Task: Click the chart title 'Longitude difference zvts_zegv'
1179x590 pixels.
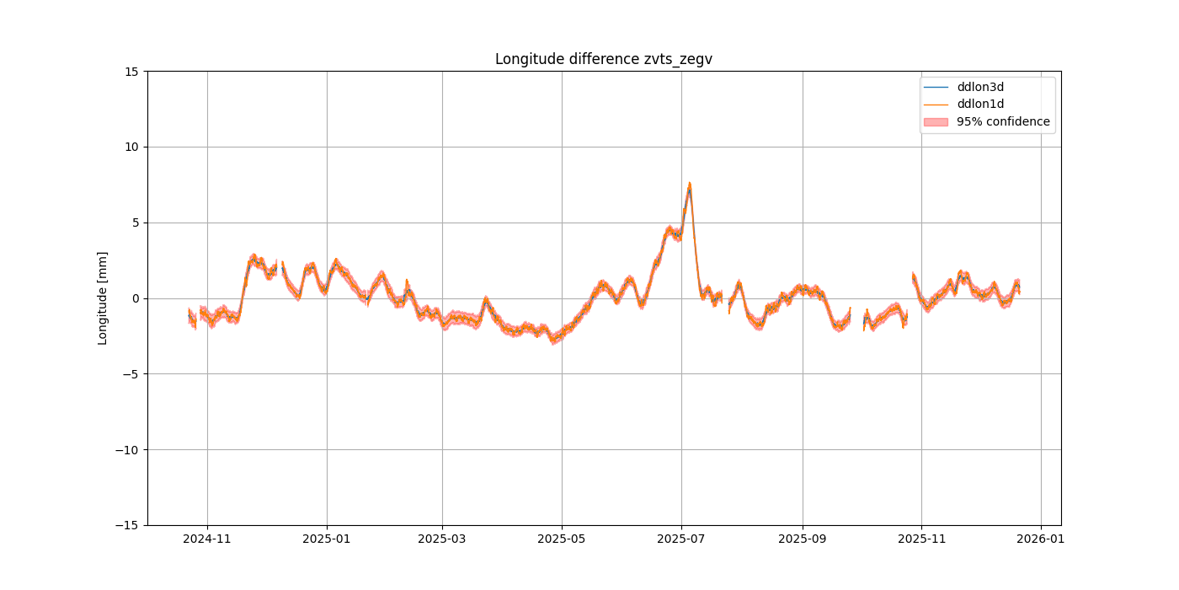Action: click(x=603, y=59)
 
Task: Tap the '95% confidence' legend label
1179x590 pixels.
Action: click(x=1003, y=121)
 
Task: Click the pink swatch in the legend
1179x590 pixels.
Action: click(x=936, y=121)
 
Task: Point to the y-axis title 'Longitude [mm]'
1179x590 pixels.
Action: click(x=103, y=298)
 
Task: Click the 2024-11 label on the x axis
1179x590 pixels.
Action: click(x=207, y=538)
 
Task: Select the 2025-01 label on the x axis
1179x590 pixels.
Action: click(x=327, y=538)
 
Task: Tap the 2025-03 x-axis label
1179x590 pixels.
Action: click(x=442, y=538)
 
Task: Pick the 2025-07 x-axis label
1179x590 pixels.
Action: click(x=681, y=538)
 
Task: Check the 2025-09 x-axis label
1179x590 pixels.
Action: click(x=802, y=538)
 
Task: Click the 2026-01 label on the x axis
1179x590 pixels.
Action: click(x=1041, y=538)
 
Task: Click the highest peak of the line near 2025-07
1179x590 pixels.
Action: click(x=689, y=185)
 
